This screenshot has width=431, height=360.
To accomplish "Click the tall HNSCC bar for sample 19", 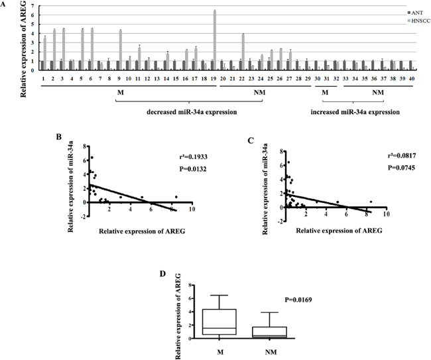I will point(215,39).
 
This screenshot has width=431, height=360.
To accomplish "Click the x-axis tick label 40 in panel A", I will point(411,78).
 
